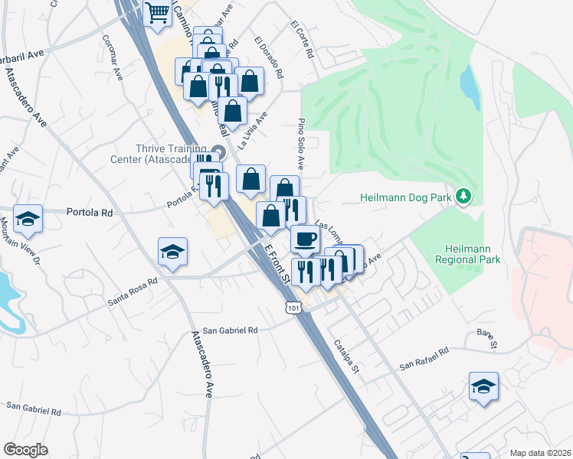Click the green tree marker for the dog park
[463, 197]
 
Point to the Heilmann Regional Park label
[472, 254]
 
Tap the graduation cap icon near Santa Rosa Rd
[173, 251]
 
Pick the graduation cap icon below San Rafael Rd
[483, 386]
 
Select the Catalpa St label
[346, 356]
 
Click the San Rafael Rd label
[426, 360]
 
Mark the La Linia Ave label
[252, 130]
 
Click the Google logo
[25, 450]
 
